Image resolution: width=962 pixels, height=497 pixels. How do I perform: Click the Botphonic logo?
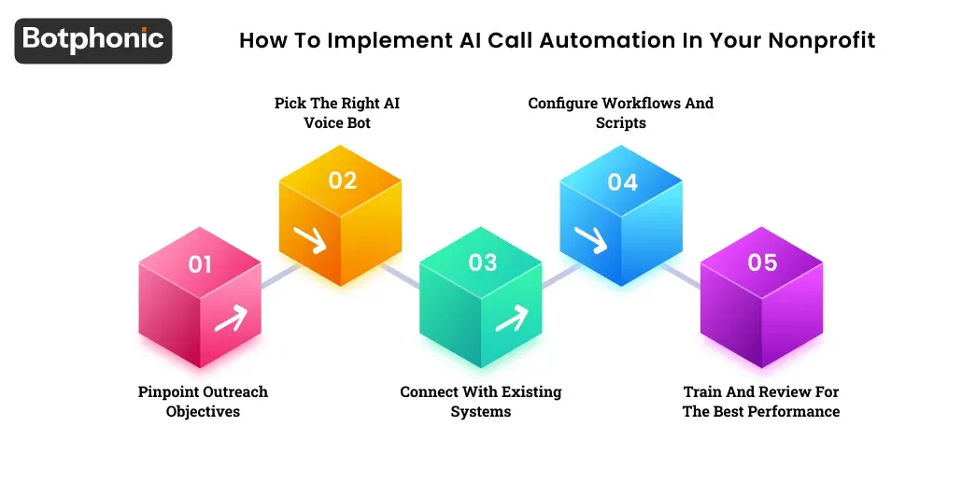93,39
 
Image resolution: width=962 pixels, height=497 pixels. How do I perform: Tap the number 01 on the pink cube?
200,264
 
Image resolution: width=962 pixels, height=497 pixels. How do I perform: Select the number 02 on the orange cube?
343,180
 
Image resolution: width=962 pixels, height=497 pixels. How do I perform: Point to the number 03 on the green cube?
483,263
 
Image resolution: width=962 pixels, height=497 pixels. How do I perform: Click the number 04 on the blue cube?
623,181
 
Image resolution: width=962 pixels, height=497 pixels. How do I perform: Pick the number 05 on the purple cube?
762,263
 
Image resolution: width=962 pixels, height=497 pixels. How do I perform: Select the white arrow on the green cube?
511,320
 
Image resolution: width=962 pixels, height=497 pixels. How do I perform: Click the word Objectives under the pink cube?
203,412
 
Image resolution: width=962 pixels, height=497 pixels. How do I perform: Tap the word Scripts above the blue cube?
621,122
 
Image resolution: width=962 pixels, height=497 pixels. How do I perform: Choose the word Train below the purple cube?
705,391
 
